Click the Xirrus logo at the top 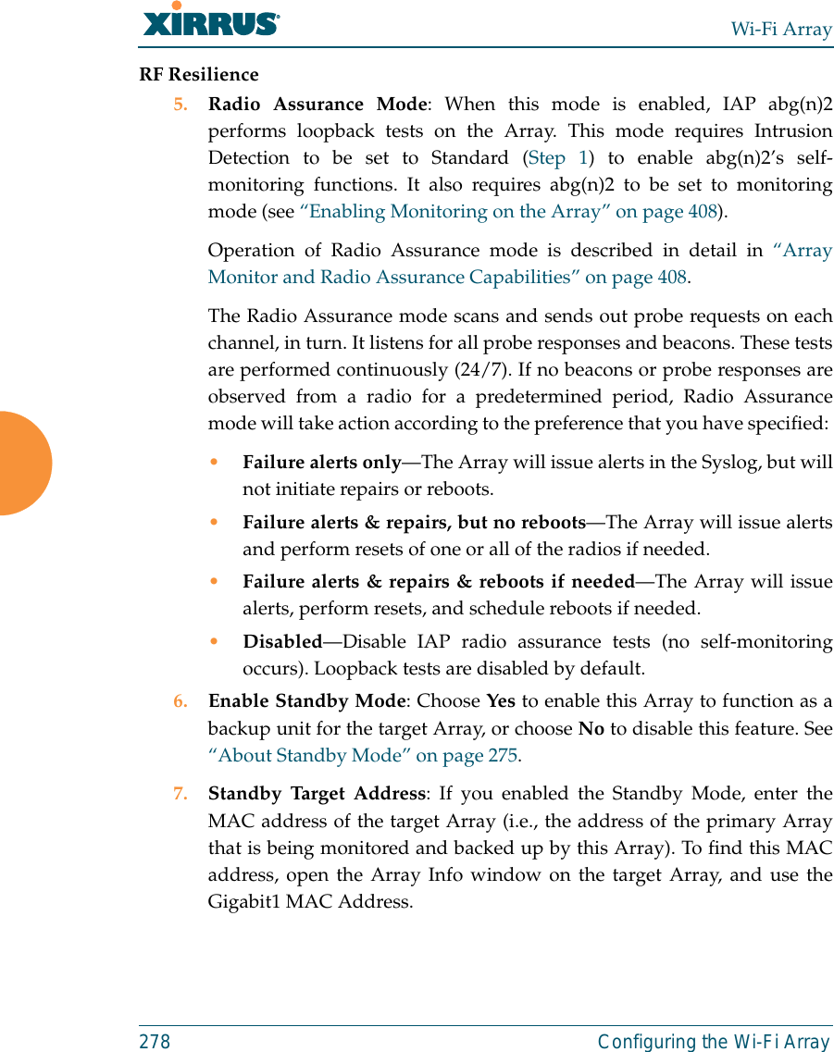click(211, 20)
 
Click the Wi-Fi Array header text click(781, 30)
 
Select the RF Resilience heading click(199, 74)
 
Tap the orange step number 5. click(180, 105)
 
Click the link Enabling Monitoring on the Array click(509, 211)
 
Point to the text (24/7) click(478, 370)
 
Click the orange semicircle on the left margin click(23, 463)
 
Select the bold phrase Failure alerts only click(321, 462)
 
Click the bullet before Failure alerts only click(215, 463)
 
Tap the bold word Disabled click(282, 641)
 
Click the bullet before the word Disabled click(215, 642)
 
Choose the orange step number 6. click(180, 701)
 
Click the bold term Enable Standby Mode click(306, 701)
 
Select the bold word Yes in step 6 click(501, 701)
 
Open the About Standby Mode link click(363, 755)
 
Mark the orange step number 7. click(180, 794)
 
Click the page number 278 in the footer click(155, 1042)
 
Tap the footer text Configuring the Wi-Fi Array click(714, 1042)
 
